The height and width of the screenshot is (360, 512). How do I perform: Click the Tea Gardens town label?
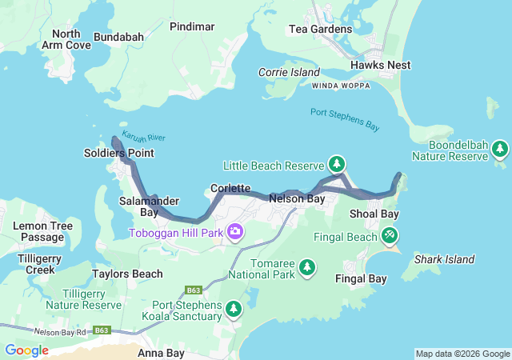click(320, 30)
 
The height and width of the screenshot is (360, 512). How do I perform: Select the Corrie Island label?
click(288, 72)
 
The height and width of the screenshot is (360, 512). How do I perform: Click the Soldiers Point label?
click(120, 153)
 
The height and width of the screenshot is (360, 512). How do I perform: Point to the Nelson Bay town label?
click(297, 198)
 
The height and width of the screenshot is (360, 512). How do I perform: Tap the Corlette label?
click(231, 188)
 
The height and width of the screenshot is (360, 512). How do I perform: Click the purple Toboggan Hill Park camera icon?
click(235, 233)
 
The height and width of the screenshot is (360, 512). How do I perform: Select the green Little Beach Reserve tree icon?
click(337, 165)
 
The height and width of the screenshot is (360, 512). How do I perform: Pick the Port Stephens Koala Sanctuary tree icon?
click(233, 309)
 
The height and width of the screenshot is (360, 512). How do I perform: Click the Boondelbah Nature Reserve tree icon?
click(500, 148)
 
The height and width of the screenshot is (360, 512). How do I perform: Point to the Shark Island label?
click(444, 259)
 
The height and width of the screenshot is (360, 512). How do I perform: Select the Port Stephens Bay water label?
click(345, 118)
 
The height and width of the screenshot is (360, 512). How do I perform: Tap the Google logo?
click(26, 350)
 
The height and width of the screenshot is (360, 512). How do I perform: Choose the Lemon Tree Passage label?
click(42, 232)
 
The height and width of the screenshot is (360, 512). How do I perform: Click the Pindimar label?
click(192, 26)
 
